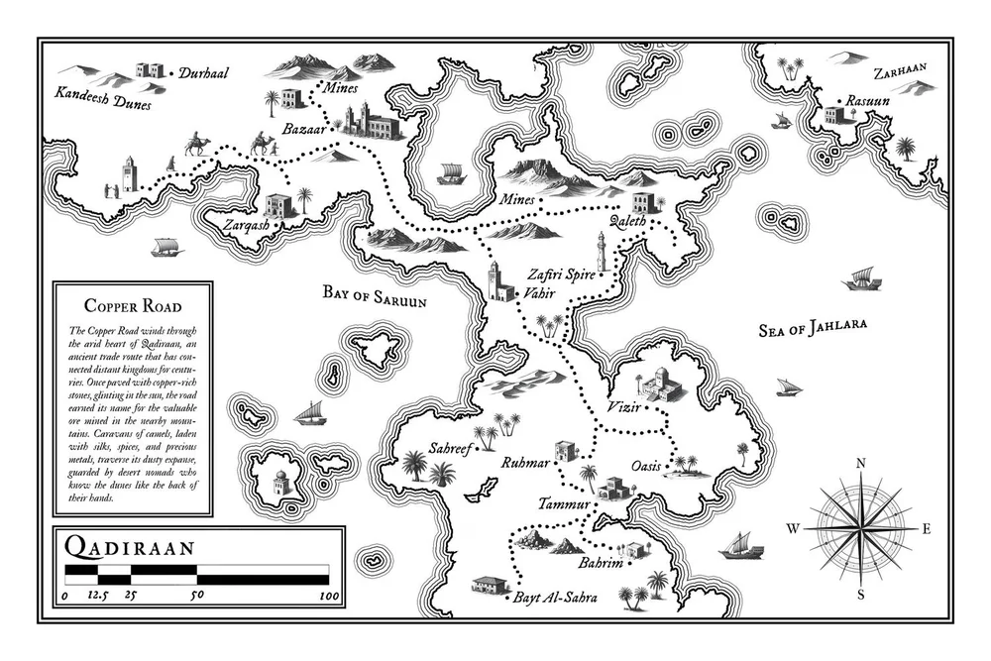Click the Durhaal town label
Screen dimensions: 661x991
click(x=201, y=73)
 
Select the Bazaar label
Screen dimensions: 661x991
click(x=303, y=130)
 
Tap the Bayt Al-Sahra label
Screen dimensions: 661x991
click(x=550, y=599)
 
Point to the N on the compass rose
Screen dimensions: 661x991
click(x=861, y=463)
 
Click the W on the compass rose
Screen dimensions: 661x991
click(x=793, y=529)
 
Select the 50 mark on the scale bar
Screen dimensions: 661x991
click(x=196, y=597)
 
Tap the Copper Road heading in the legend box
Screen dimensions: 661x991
click(x=132, y=307)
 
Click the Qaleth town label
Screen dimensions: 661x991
click(x=628, y=222)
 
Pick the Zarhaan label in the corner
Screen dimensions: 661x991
click(x=899, y=72)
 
